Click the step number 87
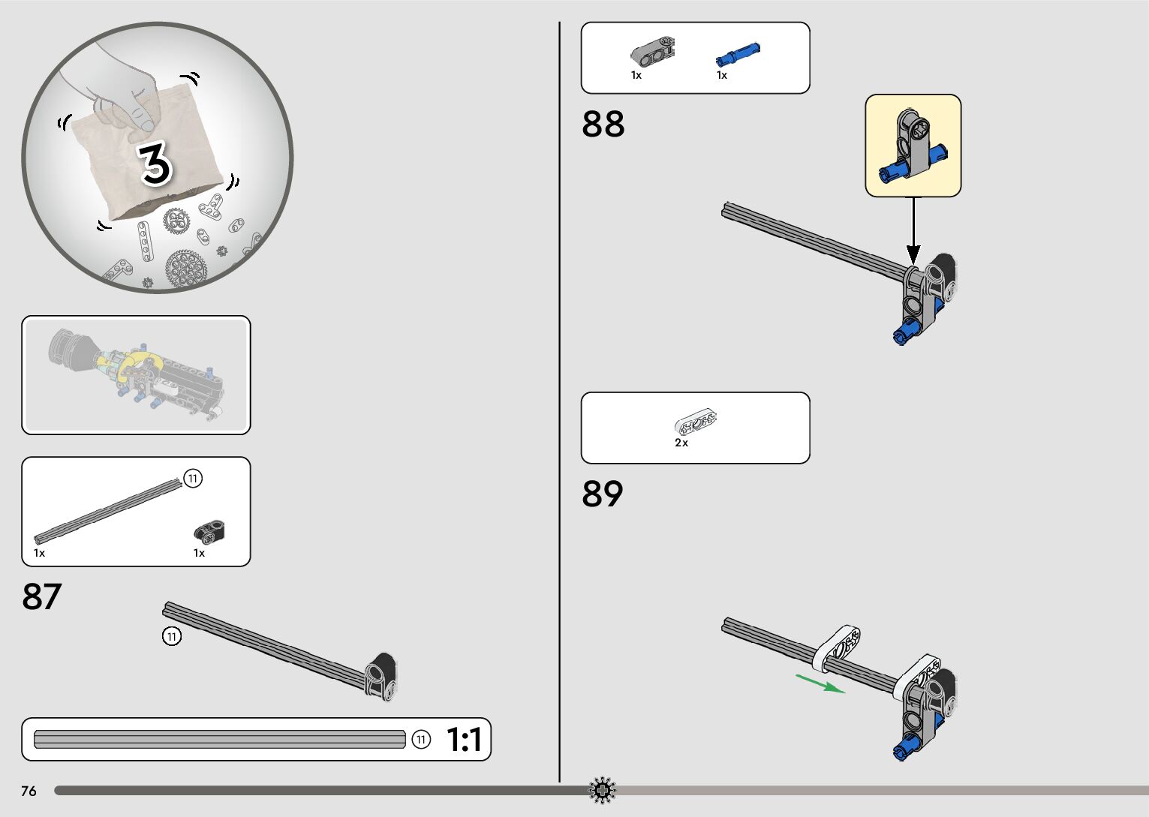pyautogui.click(x=42, y=596)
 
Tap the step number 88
pyautogui.click(x=603, y=124)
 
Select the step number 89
pyautogui.click(x=603, y=494)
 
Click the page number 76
pyautogui.click(x=29, y=791)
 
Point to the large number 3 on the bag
pyautogui.click(x=155, y=164)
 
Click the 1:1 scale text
pyautogui.click(x=465, y=740)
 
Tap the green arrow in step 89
pyautogui.click(x=820, y=683)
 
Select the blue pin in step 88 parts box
pyautogui.click(x=738, y=55)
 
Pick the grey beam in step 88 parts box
pyautogui.click(x=652, y=51)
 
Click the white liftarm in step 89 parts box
pyautogui.click(x=696, y=422)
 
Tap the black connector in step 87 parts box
pyautogui.click(x=210, y=532)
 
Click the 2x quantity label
pyautogui.click(x=681, y=443)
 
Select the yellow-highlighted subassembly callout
pyautogui.click(x=913, y=146)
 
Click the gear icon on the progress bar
pyautogui.click(x=602, y=790)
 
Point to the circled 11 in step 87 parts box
pyautogui.click(x=193, y=479)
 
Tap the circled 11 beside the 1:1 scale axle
pyautogui.click(x=421, y=740)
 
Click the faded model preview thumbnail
pyautogui.click(x=136, y=374)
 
